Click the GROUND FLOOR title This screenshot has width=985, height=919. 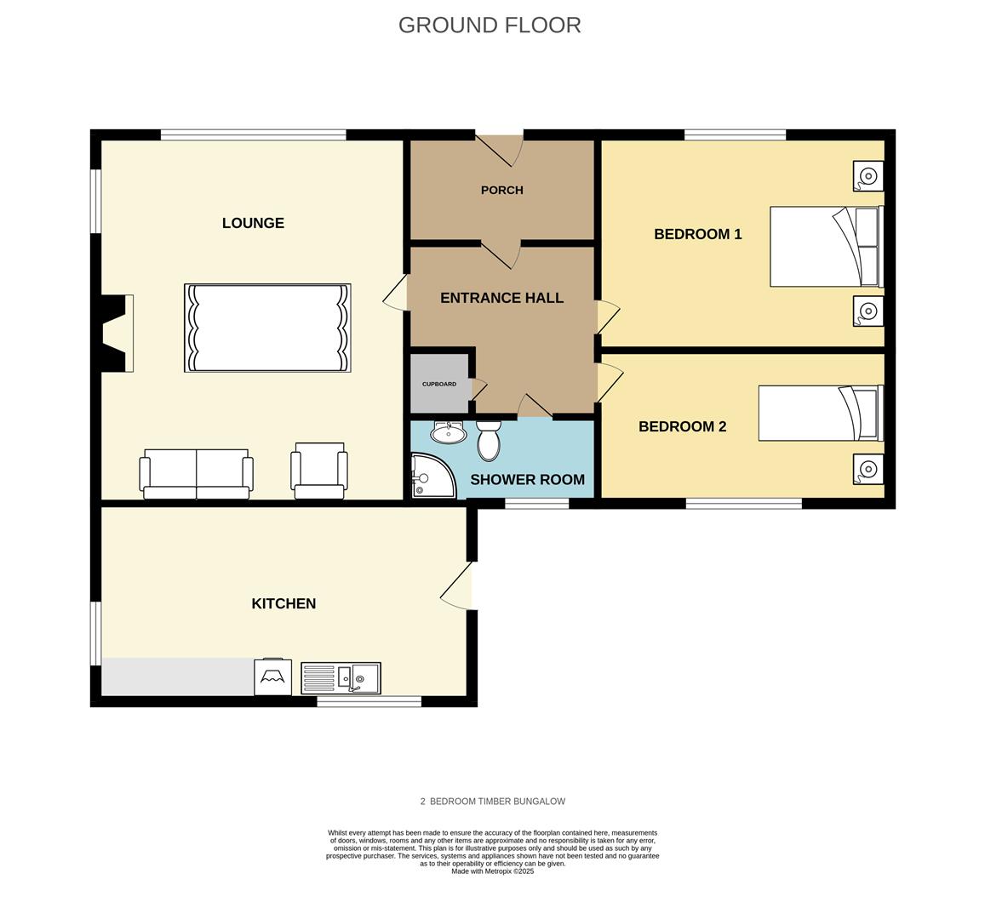490,26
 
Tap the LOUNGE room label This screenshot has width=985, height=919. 253,223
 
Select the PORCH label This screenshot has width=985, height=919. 502,191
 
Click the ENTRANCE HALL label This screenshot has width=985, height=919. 502,298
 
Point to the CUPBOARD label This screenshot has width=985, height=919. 439,384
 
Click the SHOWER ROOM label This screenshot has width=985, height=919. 528,480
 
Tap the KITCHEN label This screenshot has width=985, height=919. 283,603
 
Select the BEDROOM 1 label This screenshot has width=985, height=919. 698,234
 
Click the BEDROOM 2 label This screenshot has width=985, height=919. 682,427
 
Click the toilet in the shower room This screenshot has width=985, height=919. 488,440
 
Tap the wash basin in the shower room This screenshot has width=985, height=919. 449,432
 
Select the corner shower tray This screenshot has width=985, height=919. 432,476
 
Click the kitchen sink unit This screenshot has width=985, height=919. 341,678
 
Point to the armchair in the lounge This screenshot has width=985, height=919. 319,471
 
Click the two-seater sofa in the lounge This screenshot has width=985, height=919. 196,474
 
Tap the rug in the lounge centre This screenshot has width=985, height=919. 267,328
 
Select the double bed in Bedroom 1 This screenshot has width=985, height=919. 827,247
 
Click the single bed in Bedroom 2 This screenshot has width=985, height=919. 821,413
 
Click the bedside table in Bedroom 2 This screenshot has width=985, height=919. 868,469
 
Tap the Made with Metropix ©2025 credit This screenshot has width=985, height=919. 492,871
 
